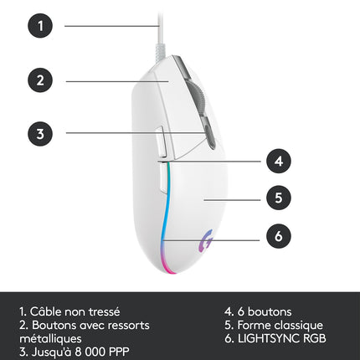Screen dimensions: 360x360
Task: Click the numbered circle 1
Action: (x=40, y=26)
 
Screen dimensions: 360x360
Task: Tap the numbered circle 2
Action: (x=40, y=80)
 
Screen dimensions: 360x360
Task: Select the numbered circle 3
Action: (x=40, y=133)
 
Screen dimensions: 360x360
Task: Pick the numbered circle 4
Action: (x=279, y=161)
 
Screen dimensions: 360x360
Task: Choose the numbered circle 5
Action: (x=279, y=198)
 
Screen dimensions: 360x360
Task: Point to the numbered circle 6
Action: (x=279, y=236)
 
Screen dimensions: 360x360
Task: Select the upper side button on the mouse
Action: (x=161, y=142)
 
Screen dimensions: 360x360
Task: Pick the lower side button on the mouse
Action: (x=164, y=178)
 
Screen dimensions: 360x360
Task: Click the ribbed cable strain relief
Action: (x=160, y=51)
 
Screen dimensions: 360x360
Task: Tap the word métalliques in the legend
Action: (x=50, y=338)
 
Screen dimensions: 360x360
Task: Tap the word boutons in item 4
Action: (x=270, y=311)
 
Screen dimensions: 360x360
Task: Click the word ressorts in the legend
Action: (x=129, y=326)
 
